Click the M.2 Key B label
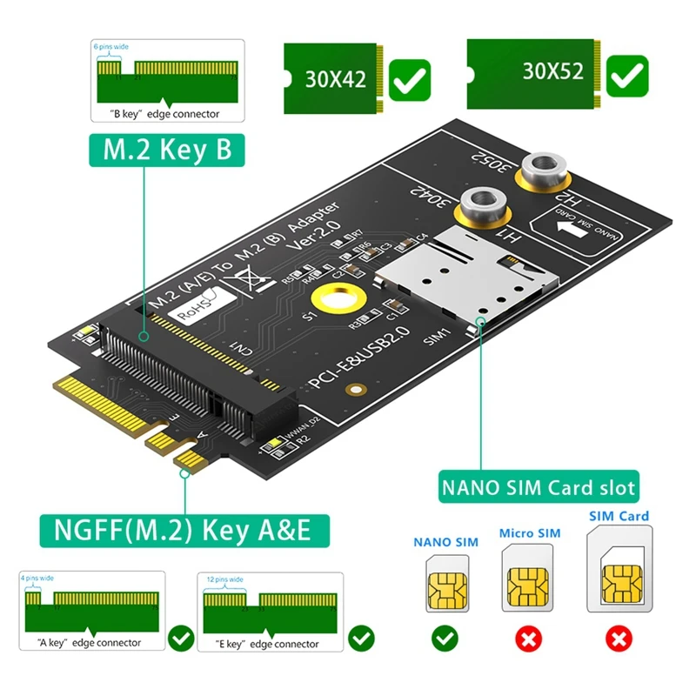click(x=164, y=150)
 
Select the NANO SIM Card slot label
click(x=537, y=486)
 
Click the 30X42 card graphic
click(x=334, y=80)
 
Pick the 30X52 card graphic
click(x=532, y=71)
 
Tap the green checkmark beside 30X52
click(x=626, y=77)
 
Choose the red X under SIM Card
click(x=619, y=639)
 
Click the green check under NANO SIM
click(x=445, y=639)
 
